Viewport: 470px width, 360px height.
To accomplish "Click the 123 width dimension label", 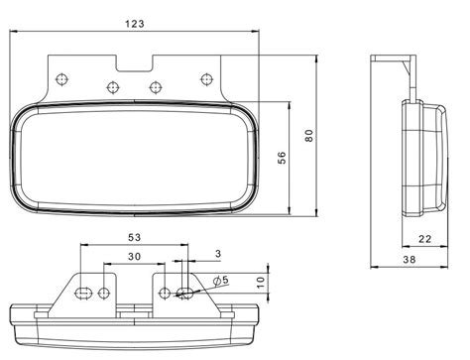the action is (135, 24).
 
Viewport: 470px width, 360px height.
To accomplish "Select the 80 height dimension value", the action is (309, 136).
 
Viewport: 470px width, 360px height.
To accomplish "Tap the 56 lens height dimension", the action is (282, 158).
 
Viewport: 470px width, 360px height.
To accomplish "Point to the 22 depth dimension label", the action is (425, 239).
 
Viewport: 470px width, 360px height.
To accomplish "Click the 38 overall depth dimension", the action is (410, 260).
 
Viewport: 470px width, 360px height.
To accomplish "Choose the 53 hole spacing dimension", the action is (135, 237).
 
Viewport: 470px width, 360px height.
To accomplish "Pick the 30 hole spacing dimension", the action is (135, 256).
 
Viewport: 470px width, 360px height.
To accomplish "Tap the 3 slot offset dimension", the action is (218, 254).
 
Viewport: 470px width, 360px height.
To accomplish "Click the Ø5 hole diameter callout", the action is (221, 281).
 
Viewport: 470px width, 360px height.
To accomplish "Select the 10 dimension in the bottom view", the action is (261, 282).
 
